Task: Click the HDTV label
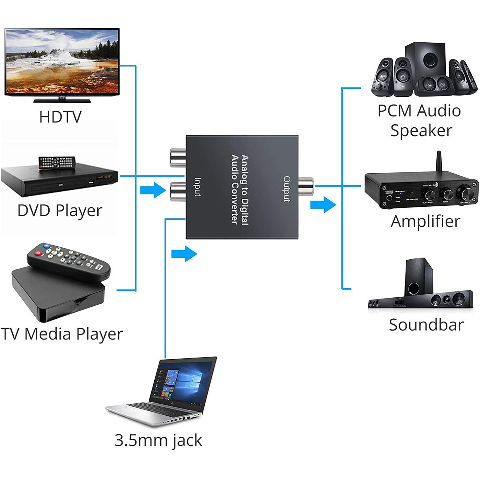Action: click(60, 117)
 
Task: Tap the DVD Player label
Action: click(60, 211)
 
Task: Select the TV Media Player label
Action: click(62, 334)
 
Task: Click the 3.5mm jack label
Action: click(158, 440)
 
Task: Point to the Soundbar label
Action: click(426, 325)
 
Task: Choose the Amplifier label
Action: click(425, 221)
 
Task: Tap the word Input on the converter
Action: click(198, 187)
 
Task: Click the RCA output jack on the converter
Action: click(306, 186)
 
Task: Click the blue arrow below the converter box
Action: click(184, 254)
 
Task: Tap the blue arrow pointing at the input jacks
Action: click(153, 190)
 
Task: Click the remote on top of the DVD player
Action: click(57, 163)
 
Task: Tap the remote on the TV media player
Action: click(69, 261)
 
